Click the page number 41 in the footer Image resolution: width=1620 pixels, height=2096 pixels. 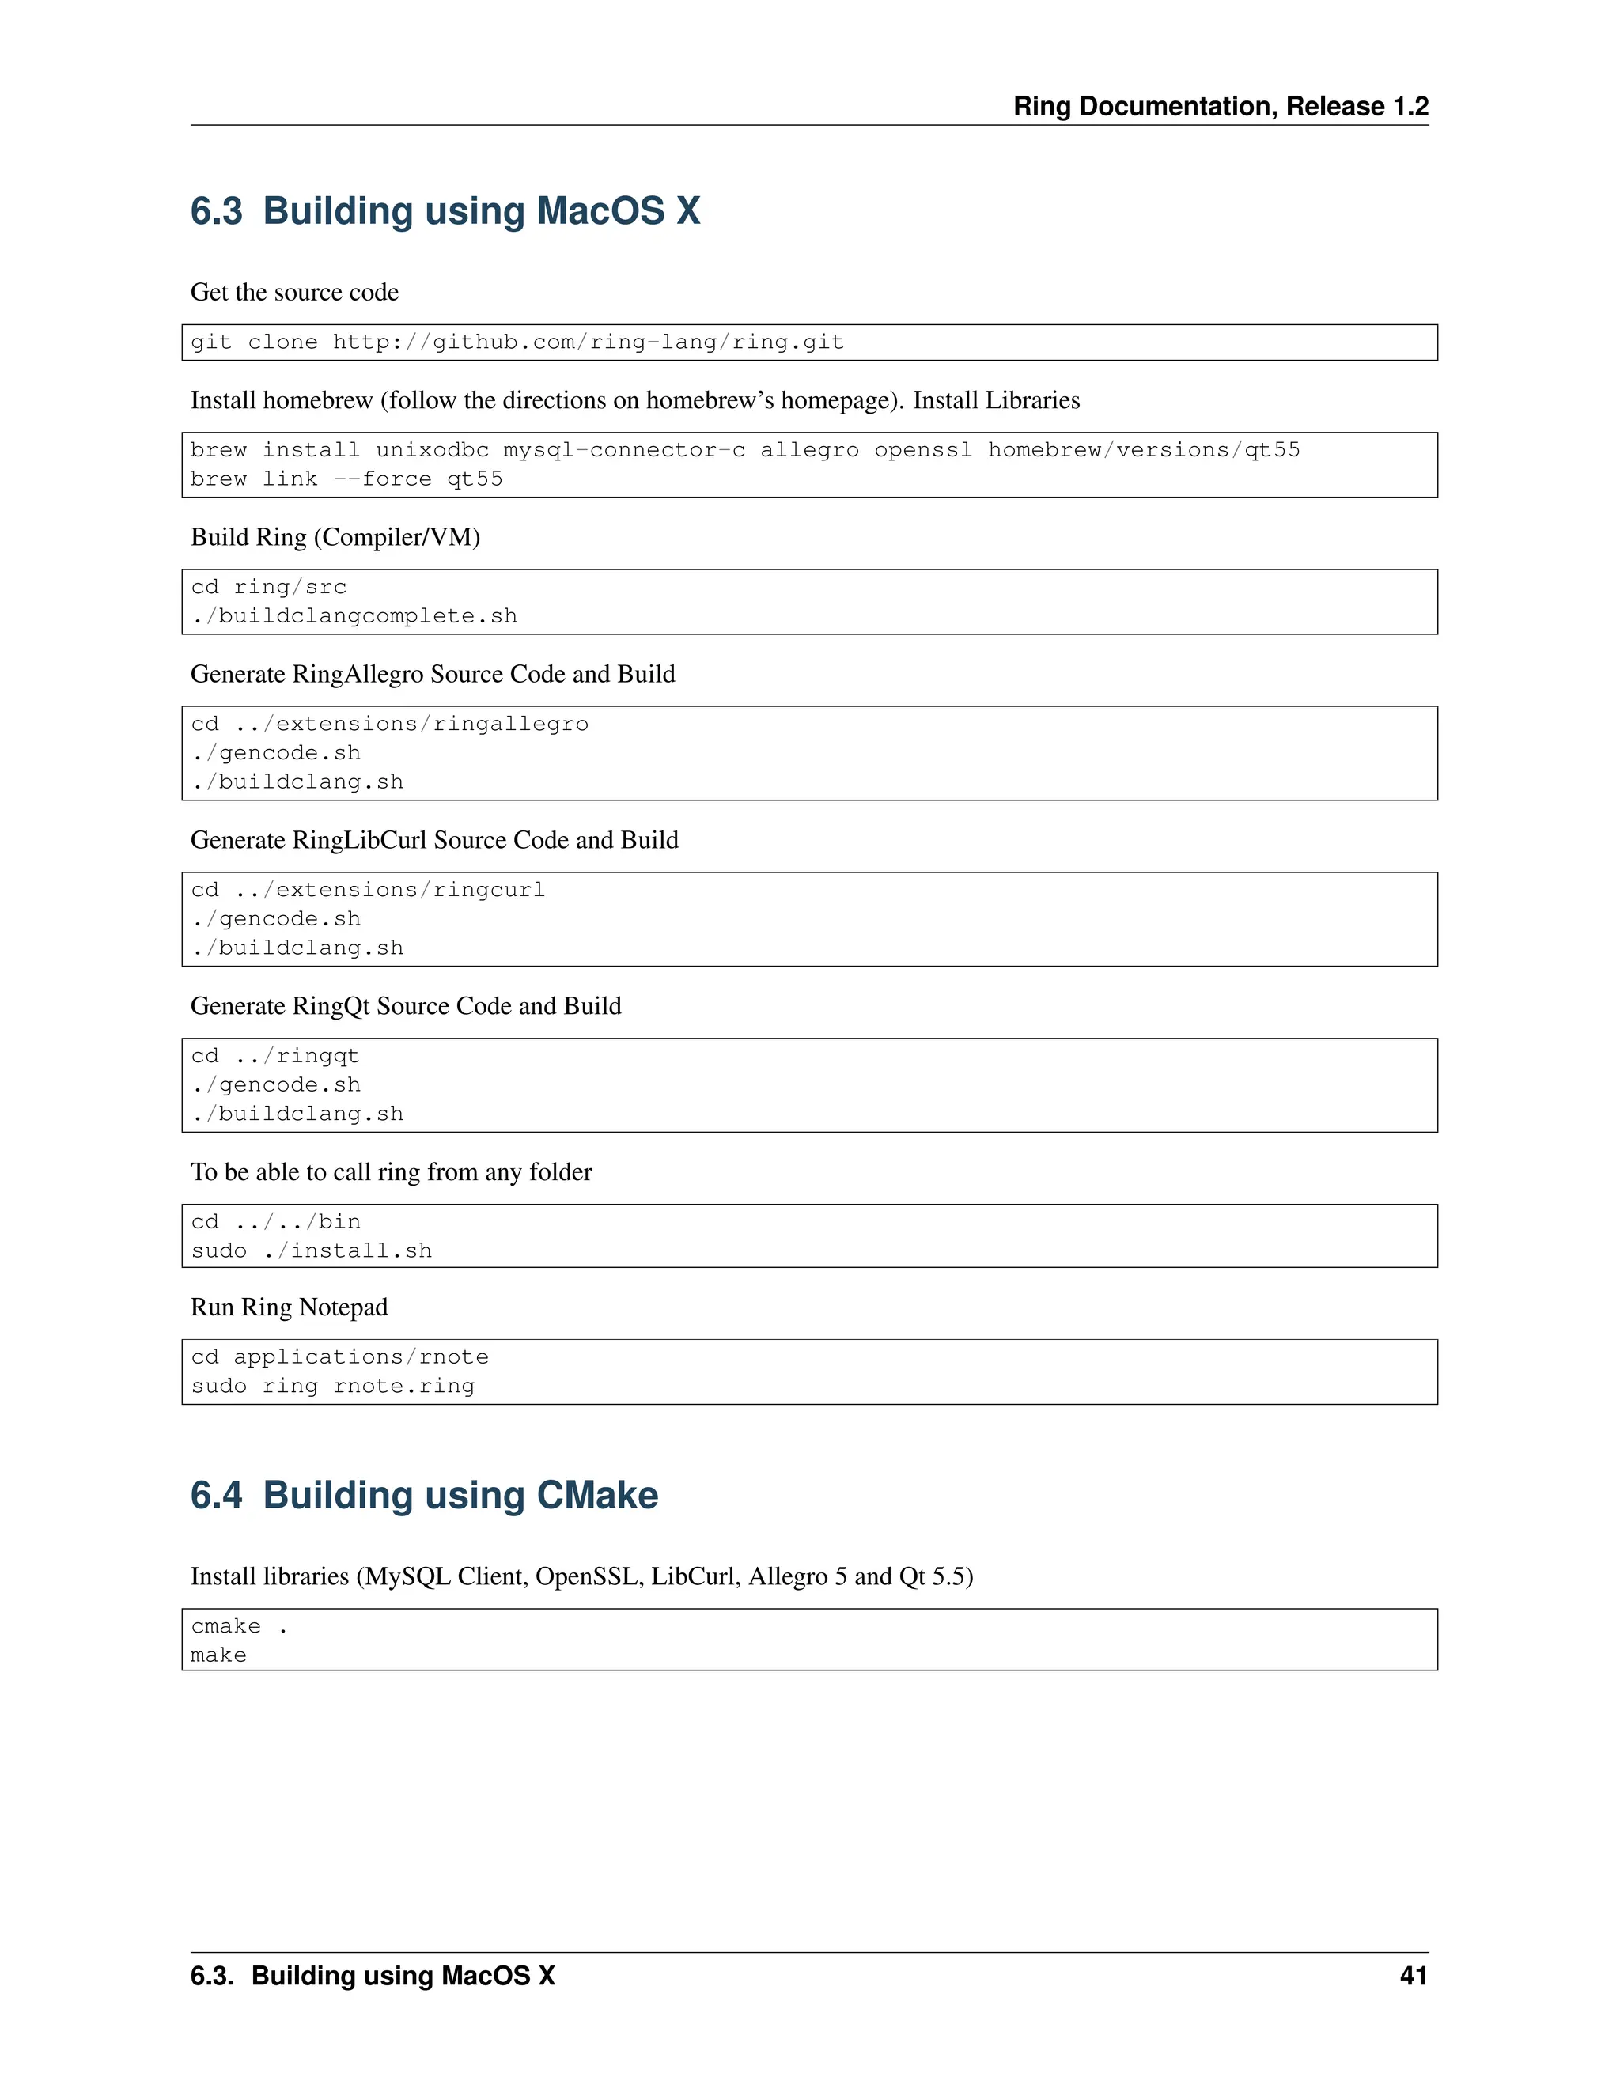click(1413, 1975)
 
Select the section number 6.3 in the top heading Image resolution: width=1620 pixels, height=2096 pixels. click(216, 211)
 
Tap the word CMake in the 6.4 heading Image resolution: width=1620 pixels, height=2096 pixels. click(597, 1495)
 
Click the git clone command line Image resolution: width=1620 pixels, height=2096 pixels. click(517, 342)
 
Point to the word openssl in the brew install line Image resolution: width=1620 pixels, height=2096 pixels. click(922, 450)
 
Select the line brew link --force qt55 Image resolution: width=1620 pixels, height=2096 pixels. click(346, 479)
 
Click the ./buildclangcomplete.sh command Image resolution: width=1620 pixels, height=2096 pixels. click(354, 616)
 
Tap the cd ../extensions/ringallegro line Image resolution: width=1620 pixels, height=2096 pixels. click(390, 724)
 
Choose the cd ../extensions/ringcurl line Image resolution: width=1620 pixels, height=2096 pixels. click(368, 890)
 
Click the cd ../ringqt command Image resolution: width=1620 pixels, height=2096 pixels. click(274, 1056)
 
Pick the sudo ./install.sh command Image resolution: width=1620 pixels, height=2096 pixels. click(311, 1250)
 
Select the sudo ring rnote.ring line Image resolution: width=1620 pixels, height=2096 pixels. click(332, 1386)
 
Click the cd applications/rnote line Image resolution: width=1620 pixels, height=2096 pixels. click(339, 1357)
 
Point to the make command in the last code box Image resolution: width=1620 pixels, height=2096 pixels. click(219, 1655)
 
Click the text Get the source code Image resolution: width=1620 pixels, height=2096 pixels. click(294, 292)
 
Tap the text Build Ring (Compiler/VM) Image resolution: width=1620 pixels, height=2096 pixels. click(335, 536)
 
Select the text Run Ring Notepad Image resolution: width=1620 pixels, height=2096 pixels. click(289, 1307)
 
